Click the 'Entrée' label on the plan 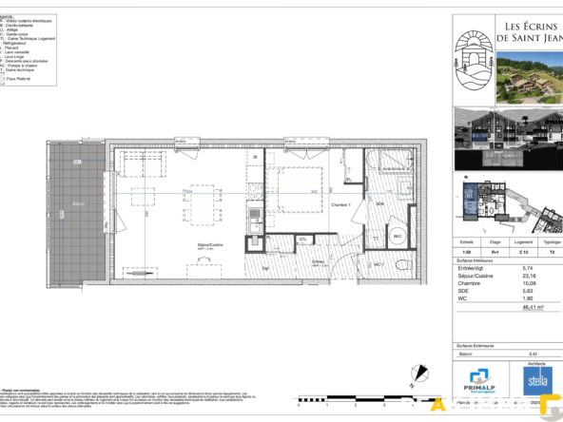click(x=318, y=261)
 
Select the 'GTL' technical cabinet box click(x=302, y=240)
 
